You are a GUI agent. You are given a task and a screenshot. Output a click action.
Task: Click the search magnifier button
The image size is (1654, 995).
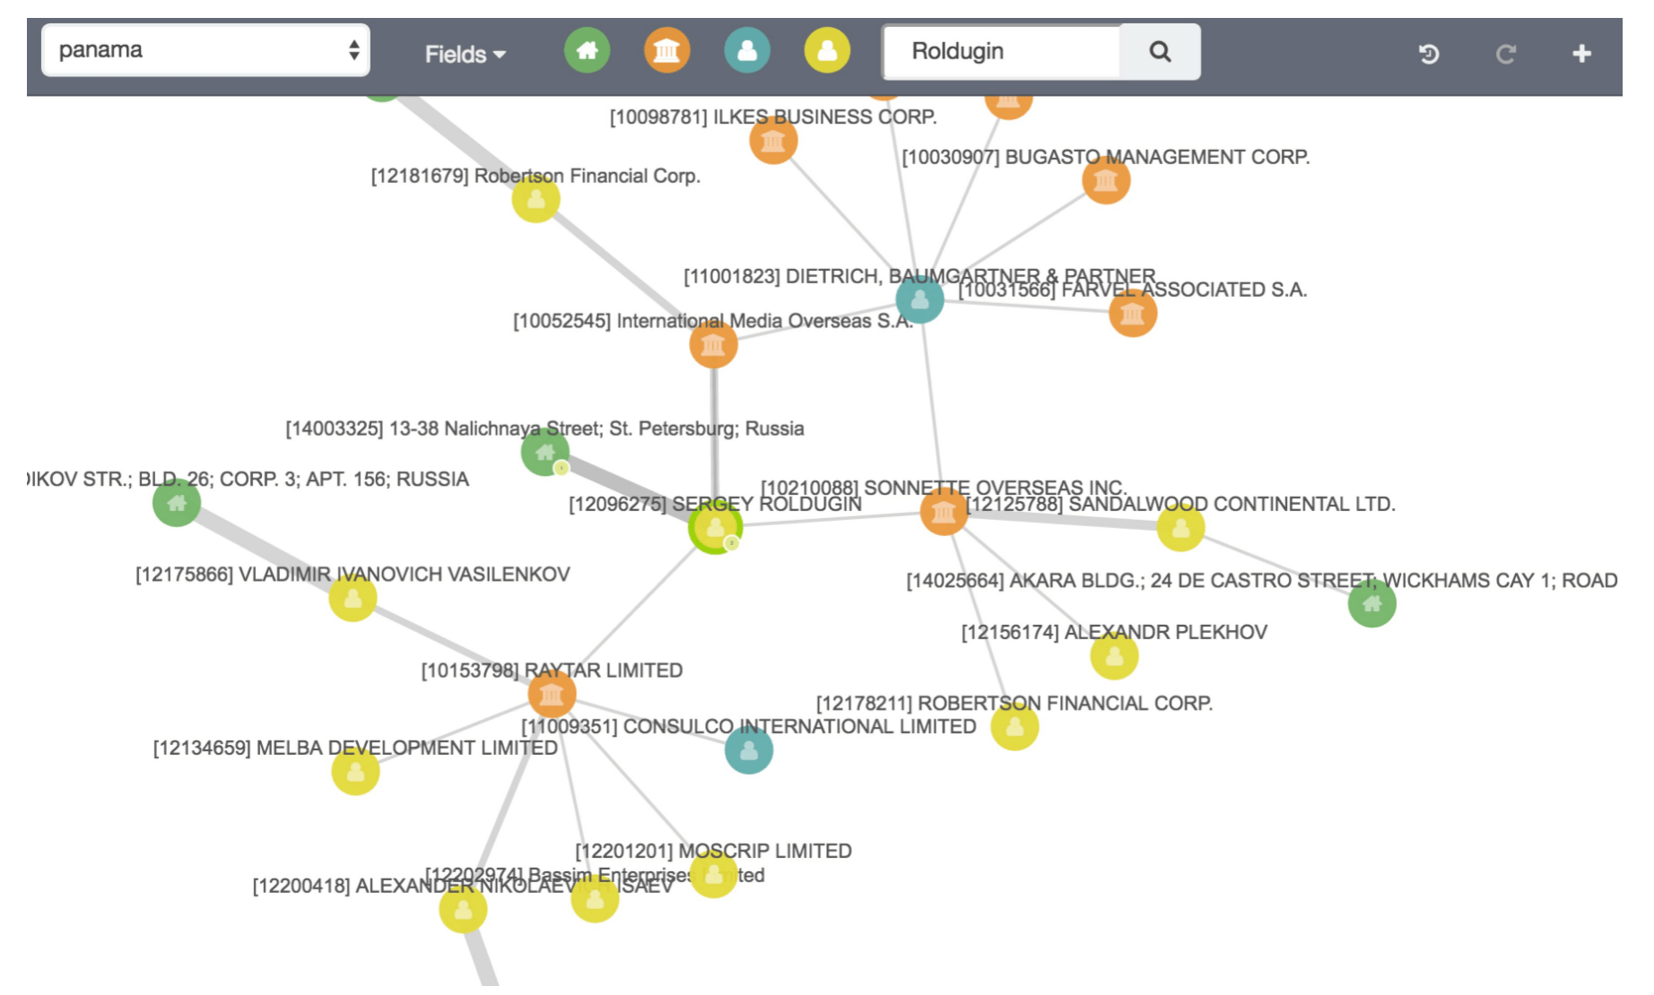[1160, 52]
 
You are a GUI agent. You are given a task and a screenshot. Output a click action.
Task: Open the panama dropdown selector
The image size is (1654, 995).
[205, 50]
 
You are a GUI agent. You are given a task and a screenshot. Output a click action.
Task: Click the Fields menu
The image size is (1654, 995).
[465, 55]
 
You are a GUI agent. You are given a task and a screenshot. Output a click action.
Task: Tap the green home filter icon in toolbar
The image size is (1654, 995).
[587, 50]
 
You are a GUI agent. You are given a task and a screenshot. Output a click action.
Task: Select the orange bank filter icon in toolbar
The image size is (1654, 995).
[666, 50]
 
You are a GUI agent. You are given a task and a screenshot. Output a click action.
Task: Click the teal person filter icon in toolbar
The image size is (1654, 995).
[747, 50]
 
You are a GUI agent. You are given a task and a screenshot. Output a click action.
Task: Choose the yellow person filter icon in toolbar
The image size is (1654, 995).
[827, 50]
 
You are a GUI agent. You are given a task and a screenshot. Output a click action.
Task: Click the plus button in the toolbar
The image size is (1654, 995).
[1581, 54]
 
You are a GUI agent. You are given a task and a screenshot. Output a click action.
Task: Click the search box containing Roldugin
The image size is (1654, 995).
[1001, 52]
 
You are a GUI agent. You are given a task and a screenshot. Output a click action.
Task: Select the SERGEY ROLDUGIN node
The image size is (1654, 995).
[715, 528]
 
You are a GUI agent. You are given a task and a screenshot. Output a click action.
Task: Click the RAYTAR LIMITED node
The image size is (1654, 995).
[552, 694]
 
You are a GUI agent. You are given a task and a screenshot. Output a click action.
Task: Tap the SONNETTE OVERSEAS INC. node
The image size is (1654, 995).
[944, 513]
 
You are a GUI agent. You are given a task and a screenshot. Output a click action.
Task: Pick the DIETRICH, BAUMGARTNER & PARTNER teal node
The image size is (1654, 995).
[919, 299]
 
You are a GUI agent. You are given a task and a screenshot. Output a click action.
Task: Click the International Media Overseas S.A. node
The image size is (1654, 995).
[713, 345]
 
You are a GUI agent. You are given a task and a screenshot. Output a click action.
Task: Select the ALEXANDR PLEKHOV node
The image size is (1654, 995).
[1114, 656]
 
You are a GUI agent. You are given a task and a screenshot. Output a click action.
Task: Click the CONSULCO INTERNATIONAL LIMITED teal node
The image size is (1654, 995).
[749, 750]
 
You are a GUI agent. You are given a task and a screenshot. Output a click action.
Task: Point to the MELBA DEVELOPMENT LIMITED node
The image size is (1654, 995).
[355, 771]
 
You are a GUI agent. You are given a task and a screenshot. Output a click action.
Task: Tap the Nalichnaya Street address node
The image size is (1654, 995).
[544, 452]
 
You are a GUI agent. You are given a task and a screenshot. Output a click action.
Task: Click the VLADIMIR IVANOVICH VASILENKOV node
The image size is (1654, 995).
[353, 598]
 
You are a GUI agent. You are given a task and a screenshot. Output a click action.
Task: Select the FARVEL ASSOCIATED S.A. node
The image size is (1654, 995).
[1132, 314]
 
